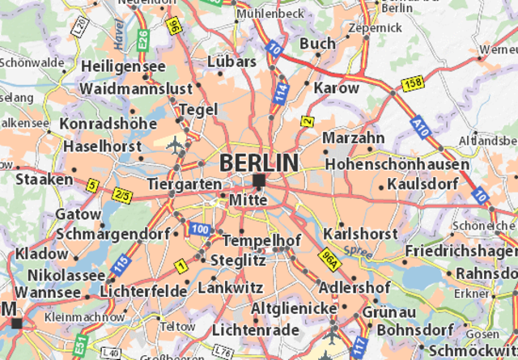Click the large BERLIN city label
pyautogui.click(x=258, y=163)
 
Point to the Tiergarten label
pyautogui.click(x=185, y=184)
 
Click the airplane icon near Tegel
pyautogui.click(x=176, y=144)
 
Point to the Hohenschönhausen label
pyautogui.click(x=397, y=164)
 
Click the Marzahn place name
pyautogui.click(x=353, y=138)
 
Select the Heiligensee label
pyautogui.click(x=123, y=66)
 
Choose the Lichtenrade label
pyautogui.click(x=251, y=330)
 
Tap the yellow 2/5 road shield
pyautogui.click(x=122, y=195)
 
